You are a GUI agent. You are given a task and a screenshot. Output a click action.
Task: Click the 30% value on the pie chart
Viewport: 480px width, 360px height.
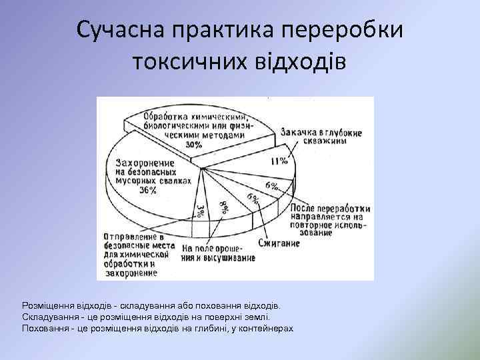click(x=195, y=143)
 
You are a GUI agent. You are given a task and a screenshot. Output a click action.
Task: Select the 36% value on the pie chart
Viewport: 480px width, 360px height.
click(x=147, y=190)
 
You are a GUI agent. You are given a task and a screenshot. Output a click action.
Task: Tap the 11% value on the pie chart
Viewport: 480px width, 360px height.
click(x=279, y=161)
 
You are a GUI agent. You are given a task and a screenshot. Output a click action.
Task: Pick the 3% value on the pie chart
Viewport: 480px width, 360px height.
click(x=201, y=211)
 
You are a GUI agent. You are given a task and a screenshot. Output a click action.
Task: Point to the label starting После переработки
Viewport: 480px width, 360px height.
click(x=331, y=220)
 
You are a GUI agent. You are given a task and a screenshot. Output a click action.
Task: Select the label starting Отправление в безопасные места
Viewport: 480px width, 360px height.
click(x=137, y=253)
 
